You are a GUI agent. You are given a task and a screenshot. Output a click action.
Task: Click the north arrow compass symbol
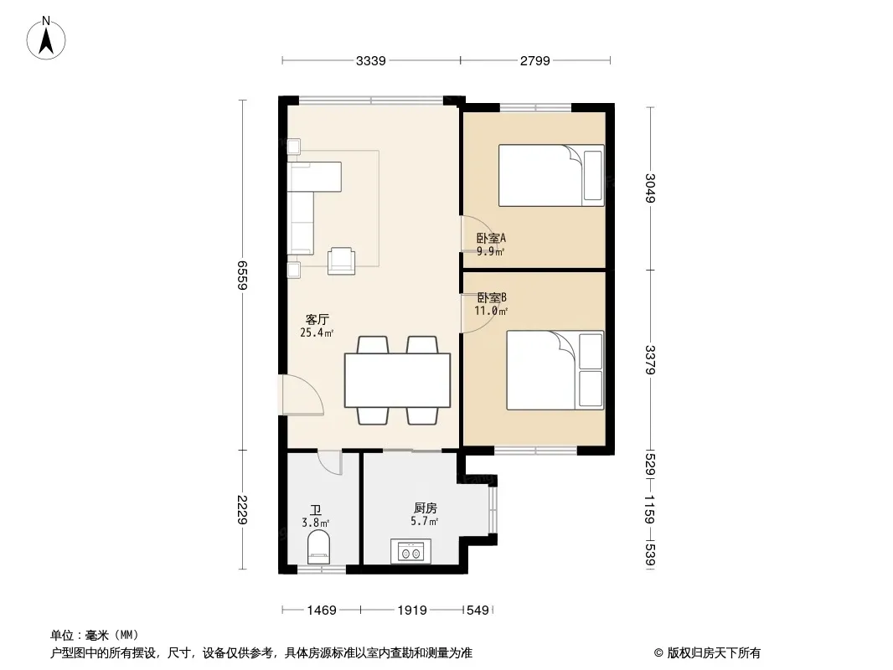[x=46, y=39]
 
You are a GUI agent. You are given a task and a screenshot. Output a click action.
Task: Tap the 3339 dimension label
[x=371, y=61]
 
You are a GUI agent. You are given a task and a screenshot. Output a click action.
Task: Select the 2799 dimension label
[x=534, y=61]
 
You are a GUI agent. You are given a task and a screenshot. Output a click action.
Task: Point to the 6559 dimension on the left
[x=243, y=275]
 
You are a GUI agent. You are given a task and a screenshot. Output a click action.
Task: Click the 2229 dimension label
[x=243, y=510]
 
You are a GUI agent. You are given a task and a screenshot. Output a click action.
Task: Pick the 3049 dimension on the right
[x=650, y=188]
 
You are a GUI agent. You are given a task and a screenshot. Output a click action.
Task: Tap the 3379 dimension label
[x=650, y=360]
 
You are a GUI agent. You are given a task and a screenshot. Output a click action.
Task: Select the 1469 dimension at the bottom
[x=322, y=611]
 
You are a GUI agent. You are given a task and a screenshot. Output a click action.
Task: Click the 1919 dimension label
[x=412, y=611]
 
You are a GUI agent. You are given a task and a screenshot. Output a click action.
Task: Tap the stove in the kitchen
[x=410, y=551]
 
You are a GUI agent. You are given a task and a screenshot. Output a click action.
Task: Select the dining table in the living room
[x=398, y=380]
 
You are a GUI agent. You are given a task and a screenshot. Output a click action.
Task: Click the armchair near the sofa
[x=342, y=261]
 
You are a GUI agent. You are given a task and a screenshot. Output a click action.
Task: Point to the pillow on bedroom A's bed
[x=593, y=175]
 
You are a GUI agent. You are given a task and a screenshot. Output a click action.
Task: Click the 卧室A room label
[x=491, y=238]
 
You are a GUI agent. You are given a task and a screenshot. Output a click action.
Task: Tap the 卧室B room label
[x=492, y=297]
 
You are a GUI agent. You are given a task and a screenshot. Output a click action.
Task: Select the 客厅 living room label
[x=317, y=319]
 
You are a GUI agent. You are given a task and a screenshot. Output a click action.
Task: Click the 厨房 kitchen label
[x=426, y=508]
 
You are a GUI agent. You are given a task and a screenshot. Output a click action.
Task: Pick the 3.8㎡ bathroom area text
[x=316, y=523]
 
